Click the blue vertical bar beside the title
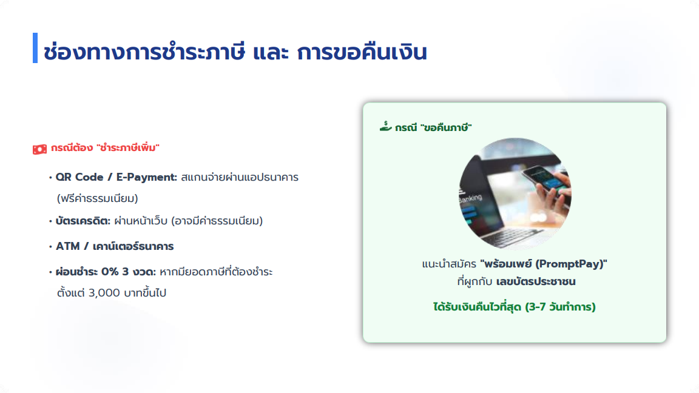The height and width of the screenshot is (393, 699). click(35, 48)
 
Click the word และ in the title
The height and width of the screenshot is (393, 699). click(271, 52)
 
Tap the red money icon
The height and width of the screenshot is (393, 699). click(39, 149)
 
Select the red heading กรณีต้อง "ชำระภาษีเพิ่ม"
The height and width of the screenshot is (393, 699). click(105, 147)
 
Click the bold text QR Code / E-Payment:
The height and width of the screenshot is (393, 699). click(116, 177)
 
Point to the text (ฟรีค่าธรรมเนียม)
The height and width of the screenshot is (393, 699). click(98, 198)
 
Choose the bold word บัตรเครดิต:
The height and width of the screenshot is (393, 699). click(83, 221)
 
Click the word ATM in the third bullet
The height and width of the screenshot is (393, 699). click(67, 246)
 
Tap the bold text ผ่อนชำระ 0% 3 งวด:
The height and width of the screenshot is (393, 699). click(106, 272)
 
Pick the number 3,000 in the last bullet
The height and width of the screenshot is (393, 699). click(104, 293)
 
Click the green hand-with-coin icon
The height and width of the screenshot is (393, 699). click(386, 127)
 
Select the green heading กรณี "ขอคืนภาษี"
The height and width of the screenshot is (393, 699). click(433, 128)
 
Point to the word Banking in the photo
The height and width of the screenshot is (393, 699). click(470, 198)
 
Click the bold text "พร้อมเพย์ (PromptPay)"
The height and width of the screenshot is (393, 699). click(544, 264)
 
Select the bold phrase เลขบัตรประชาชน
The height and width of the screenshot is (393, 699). click(536, 281)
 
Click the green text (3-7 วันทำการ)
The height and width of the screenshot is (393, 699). click(560, 307)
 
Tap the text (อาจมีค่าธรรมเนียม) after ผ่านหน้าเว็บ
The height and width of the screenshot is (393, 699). click(217, 221)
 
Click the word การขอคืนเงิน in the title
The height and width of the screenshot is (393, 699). click(362, 52)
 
